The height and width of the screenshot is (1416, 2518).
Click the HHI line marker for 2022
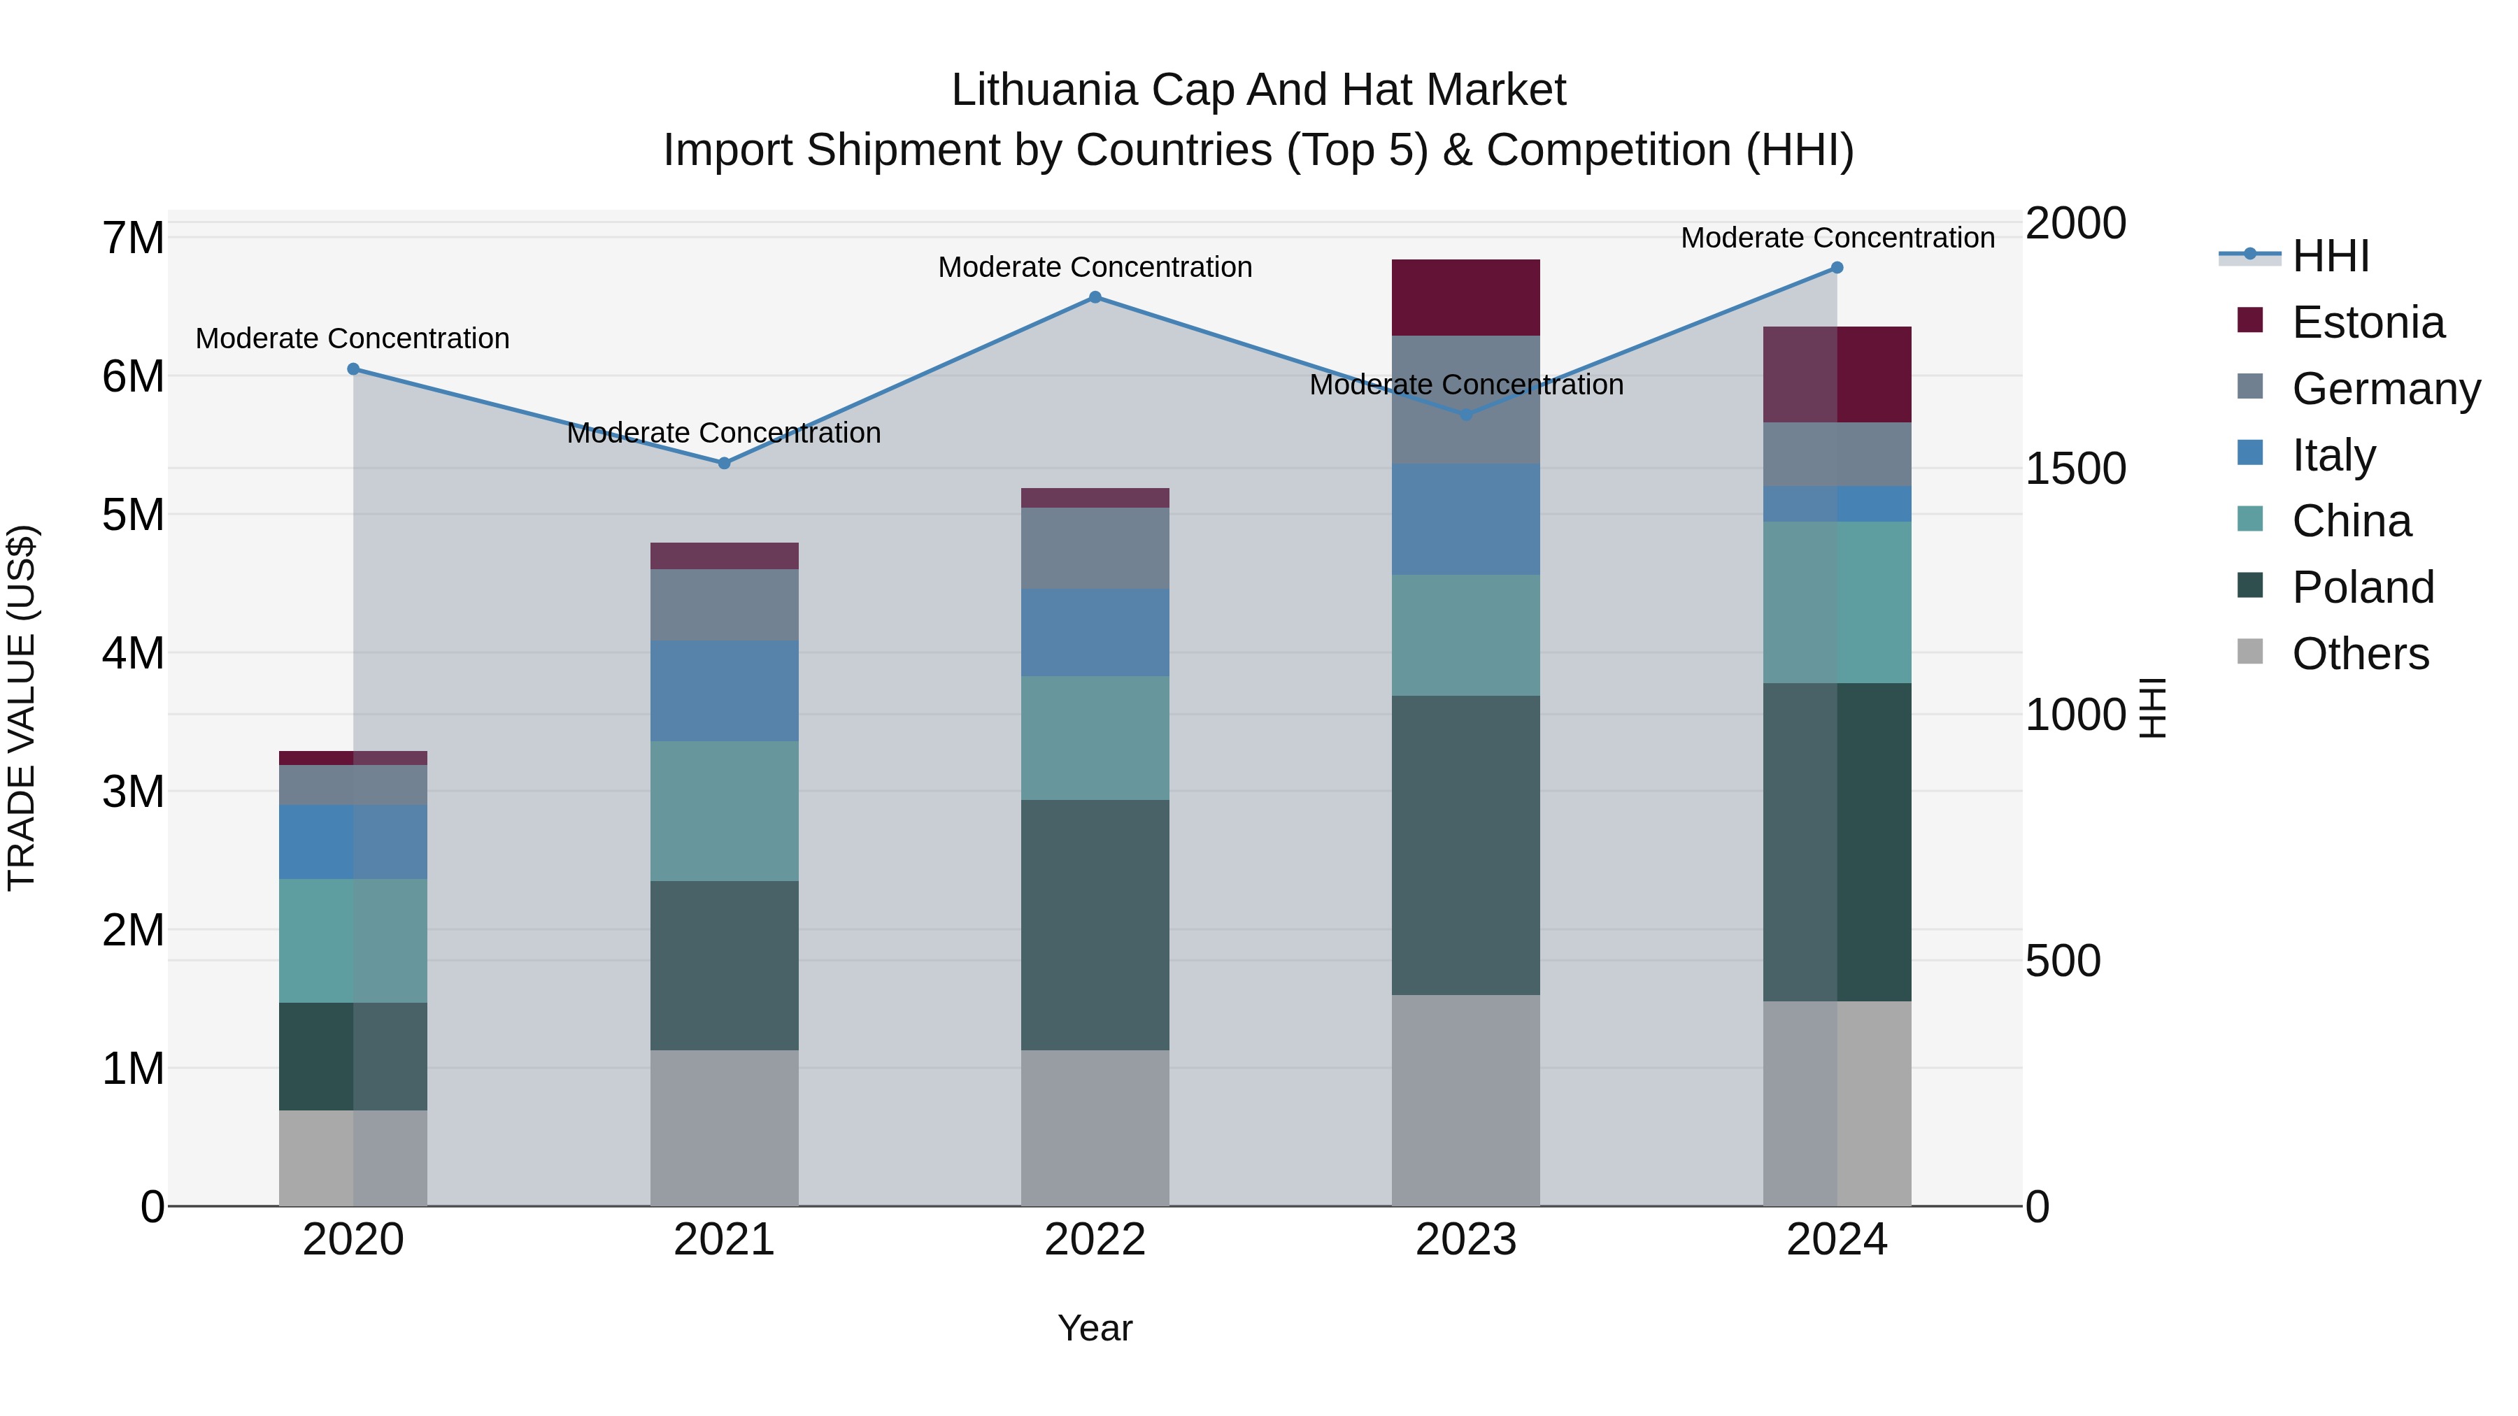point(1095,297)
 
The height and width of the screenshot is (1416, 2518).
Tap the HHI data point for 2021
point(725,463)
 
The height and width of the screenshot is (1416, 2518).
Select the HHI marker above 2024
point(1837,268)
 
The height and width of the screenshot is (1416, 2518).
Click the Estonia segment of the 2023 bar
point(1465,298)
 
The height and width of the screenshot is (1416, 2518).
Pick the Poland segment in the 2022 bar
point(1095,924)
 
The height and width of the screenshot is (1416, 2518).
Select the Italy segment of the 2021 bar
point(725,691)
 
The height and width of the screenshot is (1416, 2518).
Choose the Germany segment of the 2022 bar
point(1095,548)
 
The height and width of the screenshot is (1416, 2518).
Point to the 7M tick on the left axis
point(134,238)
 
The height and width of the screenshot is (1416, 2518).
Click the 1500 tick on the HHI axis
point(2075,469)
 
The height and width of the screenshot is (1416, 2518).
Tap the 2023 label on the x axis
point(1465,1240)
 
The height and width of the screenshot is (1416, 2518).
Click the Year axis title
point(1095,1328)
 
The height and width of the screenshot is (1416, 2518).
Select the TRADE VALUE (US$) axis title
point(22,708)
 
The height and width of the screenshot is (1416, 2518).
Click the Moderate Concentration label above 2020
point(353,339)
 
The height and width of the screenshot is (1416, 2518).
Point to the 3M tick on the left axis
point(134,792)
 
